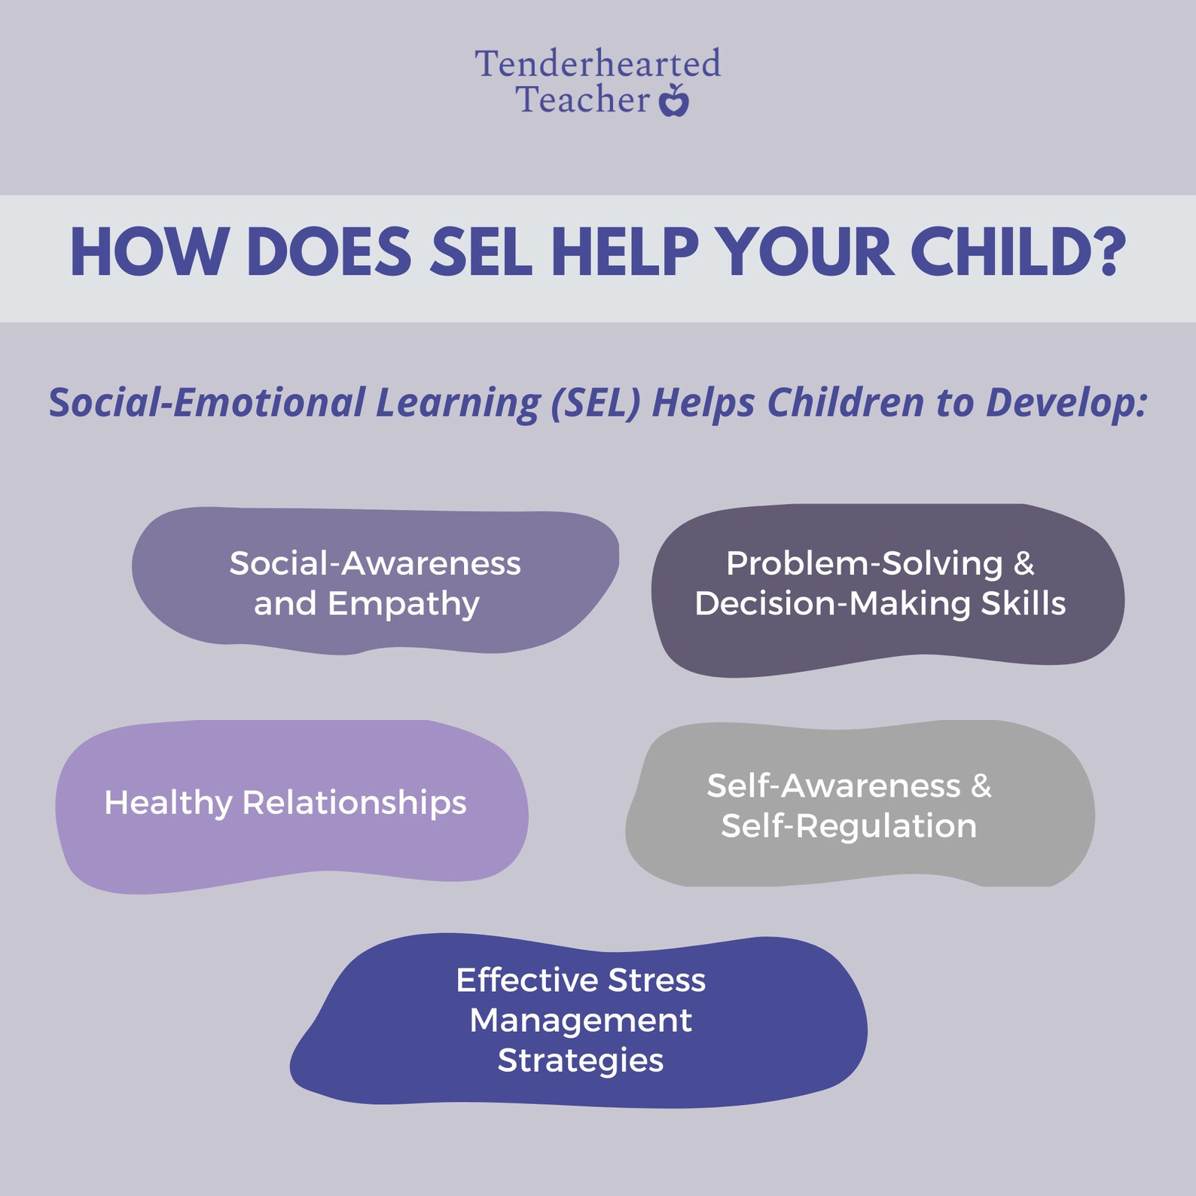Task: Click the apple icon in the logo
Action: coord(674,101)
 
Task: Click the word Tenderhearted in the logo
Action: coord(597,64)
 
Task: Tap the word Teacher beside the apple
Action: coord(582,100)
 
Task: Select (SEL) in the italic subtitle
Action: coord(595,403)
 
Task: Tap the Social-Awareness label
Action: coord(375,563)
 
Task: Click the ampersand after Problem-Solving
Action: coord(1024,563)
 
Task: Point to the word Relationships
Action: coord(354,803)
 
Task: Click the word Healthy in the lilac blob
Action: coord(168,803)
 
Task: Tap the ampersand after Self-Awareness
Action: coord(981,786)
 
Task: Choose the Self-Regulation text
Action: coord(849,826)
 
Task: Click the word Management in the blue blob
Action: coord(581,1021)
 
